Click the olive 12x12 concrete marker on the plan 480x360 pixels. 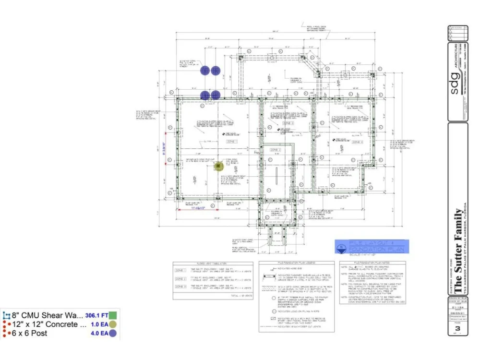tap(220, 166)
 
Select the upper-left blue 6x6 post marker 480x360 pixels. tap(205, 71)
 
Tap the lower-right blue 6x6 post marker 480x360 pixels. tap(216, 95)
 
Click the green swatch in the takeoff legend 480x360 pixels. tap(113, 316)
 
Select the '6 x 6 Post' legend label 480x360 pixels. tap(30, 333)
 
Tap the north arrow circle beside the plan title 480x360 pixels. tap(341, 248)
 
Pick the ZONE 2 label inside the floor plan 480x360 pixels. tap(275, 150)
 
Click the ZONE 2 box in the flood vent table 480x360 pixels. tap(181, 278)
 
